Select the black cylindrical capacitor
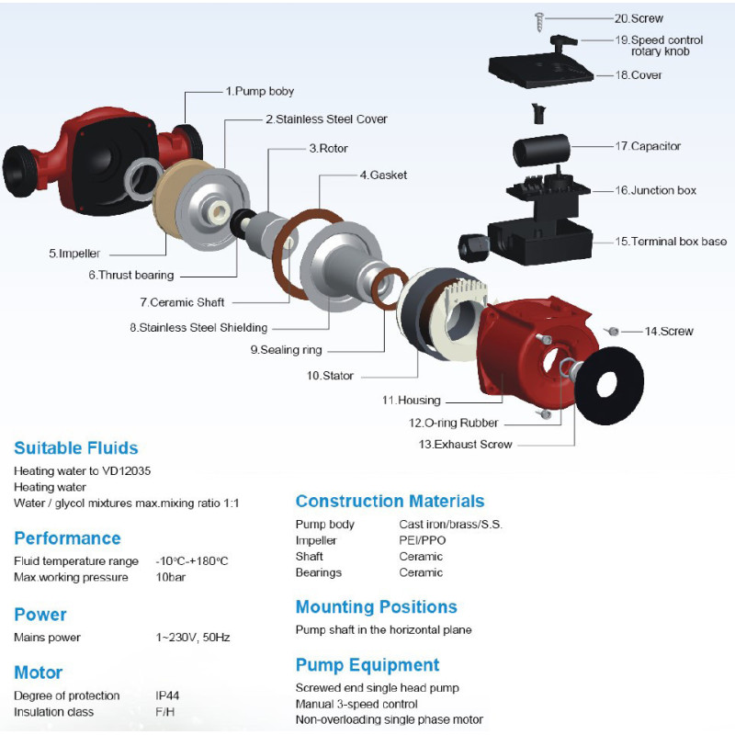coord(540,148)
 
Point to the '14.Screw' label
coord(668,331)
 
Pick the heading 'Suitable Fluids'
coord(76,448)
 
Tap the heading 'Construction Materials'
coord(390,502)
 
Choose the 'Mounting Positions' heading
coord(376,607)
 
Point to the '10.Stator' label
coord(330,376)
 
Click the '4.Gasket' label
coord(383,175)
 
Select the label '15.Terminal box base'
coord(671,242)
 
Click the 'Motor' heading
coord(39,673)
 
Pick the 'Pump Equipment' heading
coord(367,665)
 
